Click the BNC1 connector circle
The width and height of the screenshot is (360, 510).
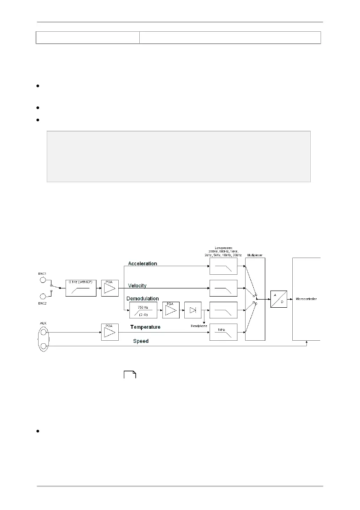pos(43,280)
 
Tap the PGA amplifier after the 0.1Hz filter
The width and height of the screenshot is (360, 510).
pos(109,288)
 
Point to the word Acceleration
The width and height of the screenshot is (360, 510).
pos(143,264)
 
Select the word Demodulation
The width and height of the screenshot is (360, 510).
pos(144,298)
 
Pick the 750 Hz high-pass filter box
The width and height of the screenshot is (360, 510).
pos(143,310)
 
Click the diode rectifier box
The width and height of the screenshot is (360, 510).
pos(192,311)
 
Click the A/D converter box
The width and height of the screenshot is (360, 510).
pos(279,298)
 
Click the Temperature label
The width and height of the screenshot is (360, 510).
pos(145,327)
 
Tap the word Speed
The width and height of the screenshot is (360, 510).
pos(141,341)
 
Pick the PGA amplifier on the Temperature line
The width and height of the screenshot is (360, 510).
pos(109,332)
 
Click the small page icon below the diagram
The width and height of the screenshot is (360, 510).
pos(130,375)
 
